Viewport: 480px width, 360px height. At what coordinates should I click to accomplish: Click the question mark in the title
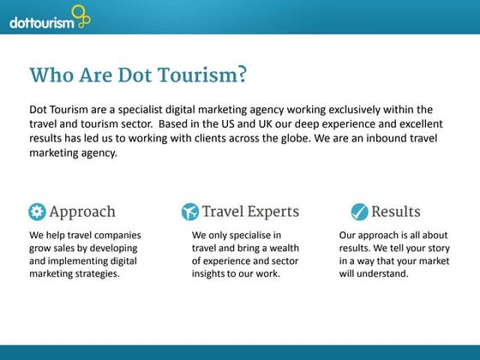tap(243, 75)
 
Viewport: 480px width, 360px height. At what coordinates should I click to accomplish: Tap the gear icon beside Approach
tap(37, 212)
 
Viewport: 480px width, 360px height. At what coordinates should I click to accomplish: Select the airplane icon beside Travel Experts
tap(190, 212)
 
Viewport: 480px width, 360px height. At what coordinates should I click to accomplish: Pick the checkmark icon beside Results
tap(358, 212)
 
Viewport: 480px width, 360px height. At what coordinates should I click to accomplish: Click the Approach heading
tap(82, 212)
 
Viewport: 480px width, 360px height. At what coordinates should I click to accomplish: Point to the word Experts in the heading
tap(270, 212)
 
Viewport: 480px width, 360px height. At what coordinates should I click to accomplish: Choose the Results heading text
tap(395, 212)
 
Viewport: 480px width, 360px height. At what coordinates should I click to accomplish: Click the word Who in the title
tap(51, 75)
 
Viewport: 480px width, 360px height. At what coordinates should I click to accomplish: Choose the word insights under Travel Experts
tap(211, 274)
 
